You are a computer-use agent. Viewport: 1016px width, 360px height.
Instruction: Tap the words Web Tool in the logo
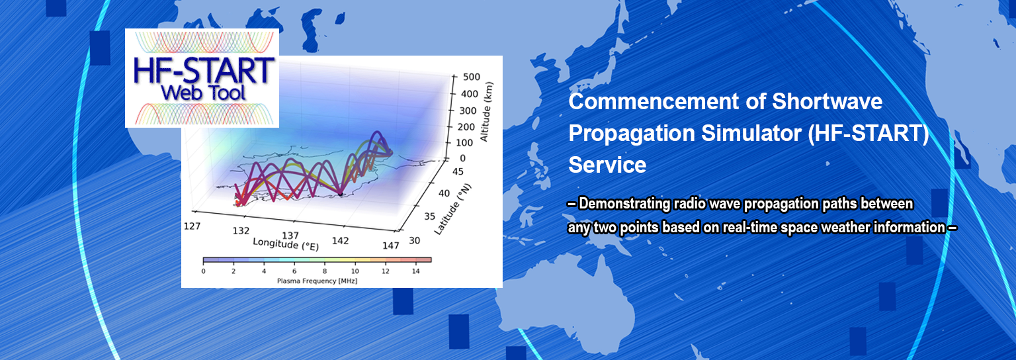(x=204, y=93)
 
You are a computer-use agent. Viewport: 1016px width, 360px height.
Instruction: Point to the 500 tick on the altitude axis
(x=471, y=77)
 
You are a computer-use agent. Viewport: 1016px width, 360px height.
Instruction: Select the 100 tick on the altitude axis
(x=464, y=142)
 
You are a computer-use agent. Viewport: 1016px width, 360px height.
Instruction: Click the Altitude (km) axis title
(x=486, y=112)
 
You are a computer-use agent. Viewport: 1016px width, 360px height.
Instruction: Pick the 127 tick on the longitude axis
(x=192, y=226)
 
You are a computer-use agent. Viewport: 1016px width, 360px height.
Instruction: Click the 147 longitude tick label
(x=390, y=246)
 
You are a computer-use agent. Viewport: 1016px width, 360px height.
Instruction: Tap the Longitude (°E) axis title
(x=286, y=244)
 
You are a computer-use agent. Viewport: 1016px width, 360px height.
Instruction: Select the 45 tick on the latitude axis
(x=458, y=171)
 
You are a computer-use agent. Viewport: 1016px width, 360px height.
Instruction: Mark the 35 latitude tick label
(x=429, y=216)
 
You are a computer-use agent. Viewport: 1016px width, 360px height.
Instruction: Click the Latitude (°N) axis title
(x=452, y=209)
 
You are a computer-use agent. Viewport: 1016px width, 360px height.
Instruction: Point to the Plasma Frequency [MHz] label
(x=317, y=281)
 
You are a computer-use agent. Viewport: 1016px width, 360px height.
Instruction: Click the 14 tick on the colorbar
(x=415, y=271)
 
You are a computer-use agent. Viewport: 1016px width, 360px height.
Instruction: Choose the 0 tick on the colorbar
(x=203, y=271)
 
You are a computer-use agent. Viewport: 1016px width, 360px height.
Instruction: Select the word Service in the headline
(x=607, y=165)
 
